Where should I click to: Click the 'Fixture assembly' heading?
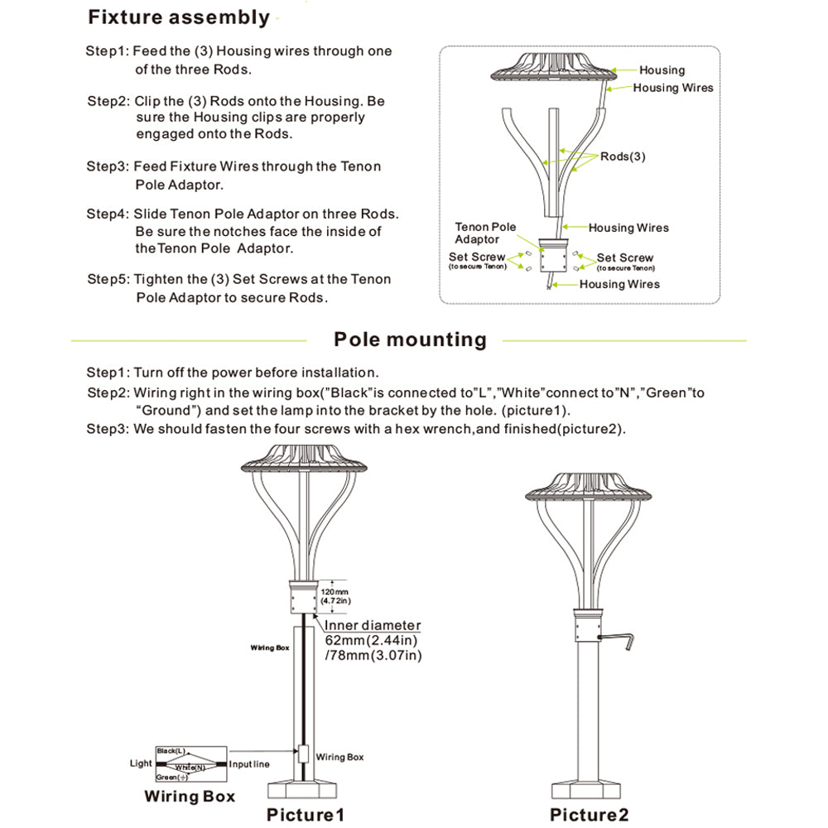(179, 17)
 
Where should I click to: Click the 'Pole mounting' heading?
(410, 339)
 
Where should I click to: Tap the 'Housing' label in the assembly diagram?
(662, 70)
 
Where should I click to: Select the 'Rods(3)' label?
(623, 156)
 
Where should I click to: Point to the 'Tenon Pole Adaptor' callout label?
(485, 233)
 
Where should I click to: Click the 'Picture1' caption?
(305, 815)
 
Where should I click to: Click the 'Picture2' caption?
(589, 815)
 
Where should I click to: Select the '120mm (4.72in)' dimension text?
(336, 596)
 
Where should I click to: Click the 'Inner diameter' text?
(373, 626)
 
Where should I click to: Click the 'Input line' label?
(249, 763)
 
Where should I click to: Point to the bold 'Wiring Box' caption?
(190, 797)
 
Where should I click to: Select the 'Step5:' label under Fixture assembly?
(108, 279)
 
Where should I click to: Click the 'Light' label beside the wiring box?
(141, 763)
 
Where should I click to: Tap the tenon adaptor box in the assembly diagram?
(550, 257)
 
